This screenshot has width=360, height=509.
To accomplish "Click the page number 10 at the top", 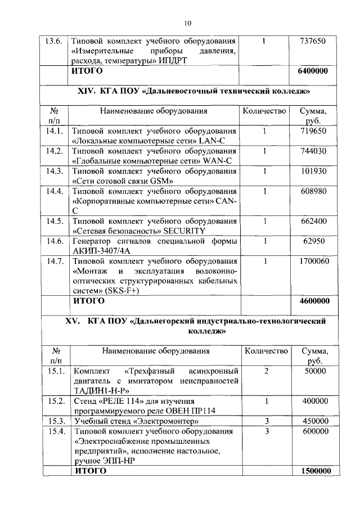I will (187, 22).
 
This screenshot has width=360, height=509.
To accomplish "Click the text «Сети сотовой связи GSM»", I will (122, 181).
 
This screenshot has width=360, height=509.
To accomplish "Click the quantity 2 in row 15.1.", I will (265, 372).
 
